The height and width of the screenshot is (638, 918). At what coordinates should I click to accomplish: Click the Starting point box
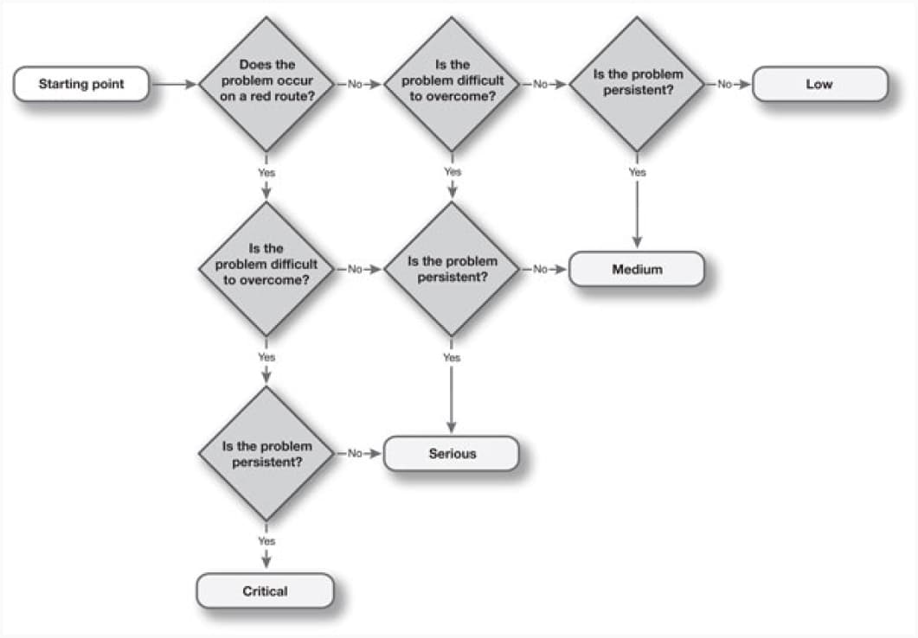tap(81, 84)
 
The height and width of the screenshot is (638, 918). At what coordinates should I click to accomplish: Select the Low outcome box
tap(819, 84)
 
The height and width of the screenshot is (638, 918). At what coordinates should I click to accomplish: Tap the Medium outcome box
tap(637, 269)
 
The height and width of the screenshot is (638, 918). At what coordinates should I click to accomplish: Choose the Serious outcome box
tap(452, 453)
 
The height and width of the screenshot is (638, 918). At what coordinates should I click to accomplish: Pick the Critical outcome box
tap(266, 590)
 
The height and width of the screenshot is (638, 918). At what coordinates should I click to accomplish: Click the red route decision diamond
tap(266, 84)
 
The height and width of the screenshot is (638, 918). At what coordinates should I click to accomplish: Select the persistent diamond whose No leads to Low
tap(637, 84)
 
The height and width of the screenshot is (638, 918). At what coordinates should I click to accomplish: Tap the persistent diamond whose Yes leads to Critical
tap(266, 453)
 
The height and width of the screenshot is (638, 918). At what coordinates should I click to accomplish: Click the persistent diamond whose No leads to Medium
tap(452, 269)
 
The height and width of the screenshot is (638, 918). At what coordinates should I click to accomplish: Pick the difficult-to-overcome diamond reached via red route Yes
tap(266, 269)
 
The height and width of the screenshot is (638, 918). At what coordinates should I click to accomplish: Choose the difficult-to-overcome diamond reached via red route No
tap(452, 84)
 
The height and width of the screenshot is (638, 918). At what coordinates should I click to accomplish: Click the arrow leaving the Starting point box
tap(174, 84)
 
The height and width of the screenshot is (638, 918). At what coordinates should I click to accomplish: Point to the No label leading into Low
tap(725, 84)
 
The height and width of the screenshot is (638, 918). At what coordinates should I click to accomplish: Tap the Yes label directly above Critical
tap(266, 541)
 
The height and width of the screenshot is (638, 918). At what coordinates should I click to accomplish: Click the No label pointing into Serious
tap(355, 453)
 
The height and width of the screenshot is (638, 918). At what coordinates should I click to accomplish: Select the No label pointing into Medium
tap(540, 269)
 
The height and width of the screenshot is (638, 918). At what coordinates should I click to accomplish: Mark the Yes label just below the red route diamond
tap(266, 173)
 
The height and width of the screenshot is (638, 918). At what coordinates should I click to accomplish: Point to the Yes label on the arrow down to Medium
tap(637, 172)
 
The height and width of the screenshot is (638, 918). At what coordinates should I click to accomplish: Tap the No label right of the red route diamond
tap(355, 84)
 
